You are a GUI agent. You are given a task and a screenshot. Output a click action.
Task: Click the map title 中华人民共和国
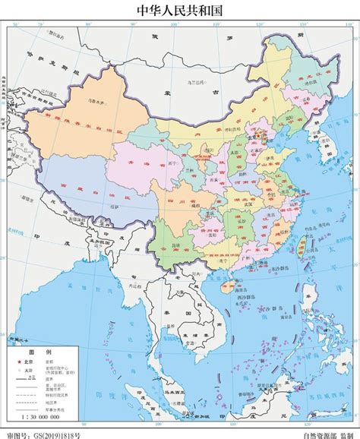(x=180, y=11)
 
